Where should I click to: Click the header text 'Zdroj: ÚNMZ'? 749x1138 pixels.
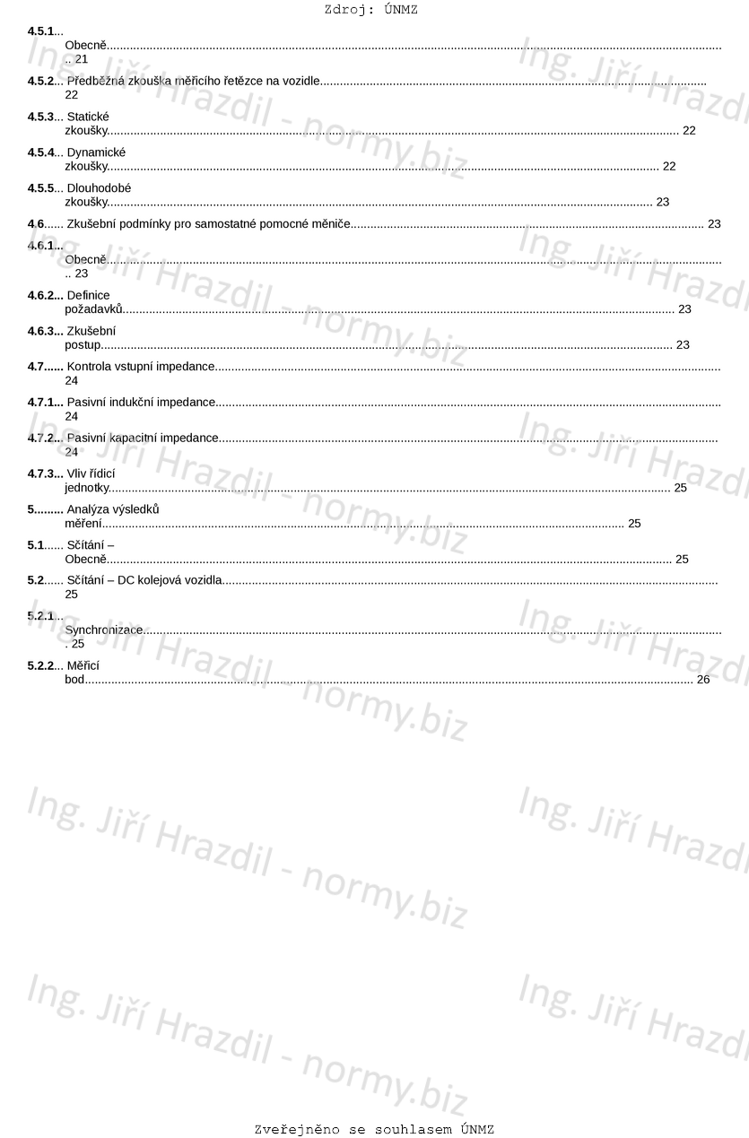click(x=370, y=10)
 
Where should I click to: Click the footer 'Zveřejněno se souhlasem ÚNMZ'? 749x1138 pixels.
click(x=374, y=1129)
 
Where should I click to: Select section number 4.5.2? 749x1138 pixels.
click(x=41, y=81)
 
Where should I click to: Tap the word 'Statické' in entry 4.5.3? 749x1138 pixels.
click(x=88, y=117)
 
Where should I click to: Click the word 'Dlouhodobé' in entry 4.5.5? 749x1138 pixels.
click(x=99, y=188)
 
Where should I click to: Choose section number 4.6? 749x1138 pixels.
click(x=36, y=223)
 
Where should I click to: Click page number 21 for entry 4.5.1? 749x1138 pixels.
click(x=82, y=58)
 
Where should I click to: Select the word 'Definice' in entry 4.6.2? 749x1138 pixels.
click(x=88, y=295)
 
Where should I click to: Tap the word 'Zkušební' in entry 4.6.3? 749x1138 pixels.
click(x=91, y=331)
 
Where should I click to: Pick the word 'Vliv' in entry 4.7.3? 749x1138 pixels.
click(x=78, y=473)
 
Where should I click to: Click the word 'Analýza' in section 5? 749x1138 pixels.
click(x=87, y=509)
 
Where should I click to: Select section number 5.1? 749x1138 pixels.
click(x=36, y=545)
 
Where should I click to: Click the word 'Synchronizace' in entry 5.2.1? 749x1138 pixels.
click(x=104, y=630)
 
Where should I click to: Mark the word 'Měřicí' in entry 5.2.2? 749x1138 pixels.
click(x=83, y=665)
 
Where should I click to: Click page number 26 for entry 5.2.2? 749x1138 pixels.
click(x=702, y=680)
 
